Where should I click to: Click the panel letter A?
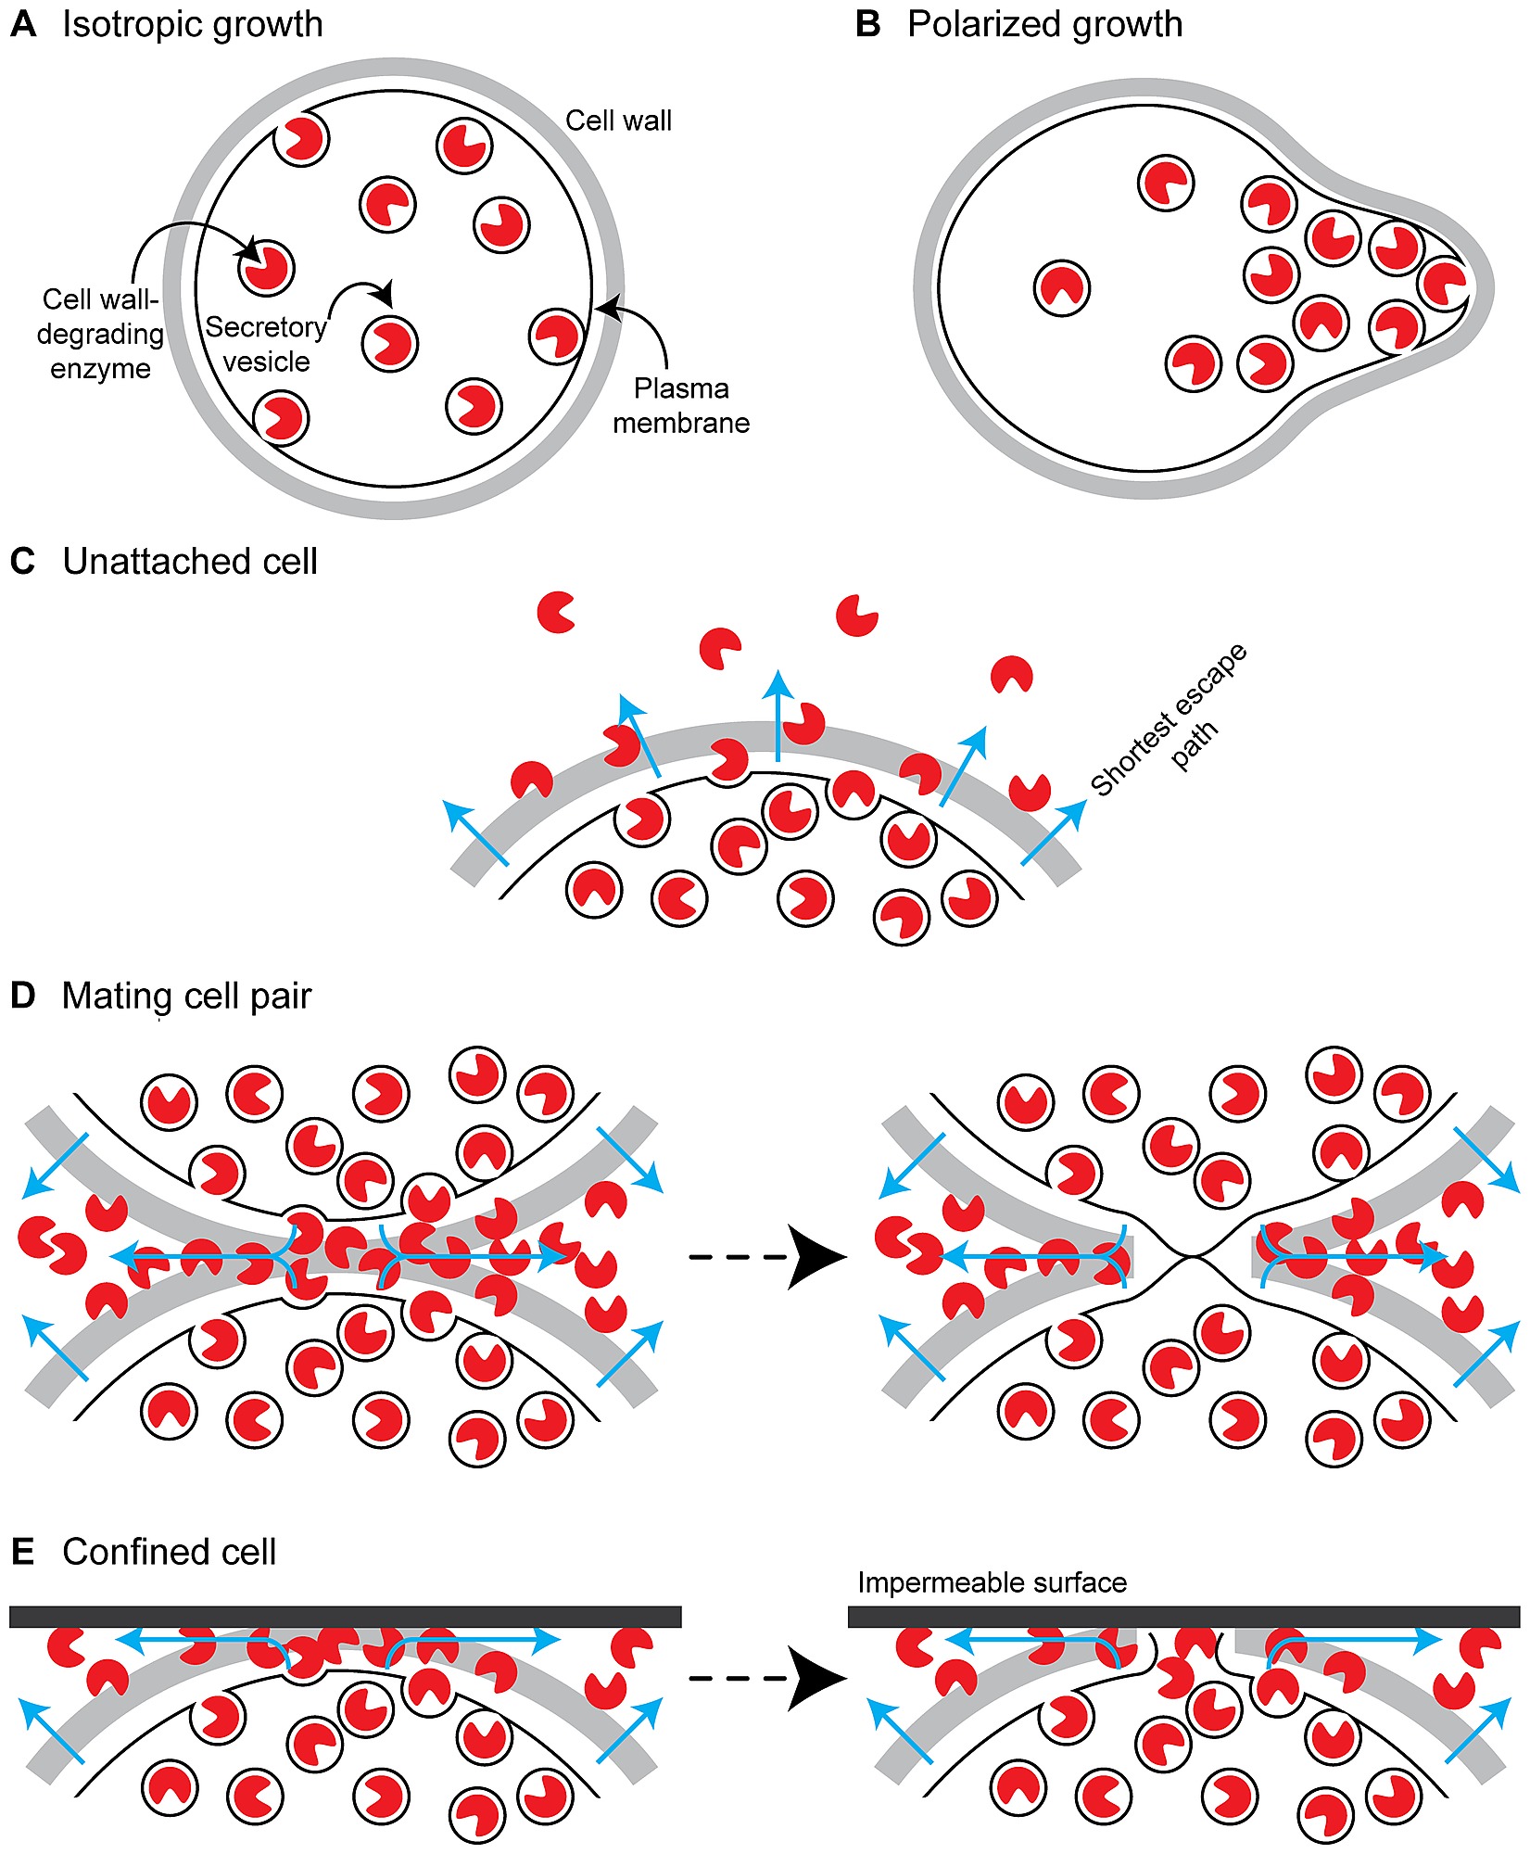23,24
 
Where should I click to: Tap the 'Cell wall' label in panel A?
618,121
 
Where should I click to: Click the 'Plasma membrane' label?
681,405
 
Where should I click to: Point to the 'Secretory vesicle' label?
266,344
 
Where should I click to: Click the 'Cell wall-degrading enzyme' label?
100,334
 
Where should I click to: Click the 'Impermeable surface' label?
992,1581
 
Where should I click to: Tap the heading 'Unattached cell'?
189,562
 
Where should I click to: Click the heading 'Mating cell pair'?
185,997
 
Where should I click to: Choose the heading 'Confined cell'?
169,1552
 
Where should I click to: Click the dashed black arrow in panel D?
769,1257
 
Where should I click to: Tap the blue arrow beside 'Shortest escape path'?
1054,832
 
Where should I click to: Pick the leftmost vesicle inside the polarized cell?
1062,288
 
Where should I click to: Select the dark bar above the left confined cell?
345,1617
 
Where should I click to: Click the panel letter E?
23,1552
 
